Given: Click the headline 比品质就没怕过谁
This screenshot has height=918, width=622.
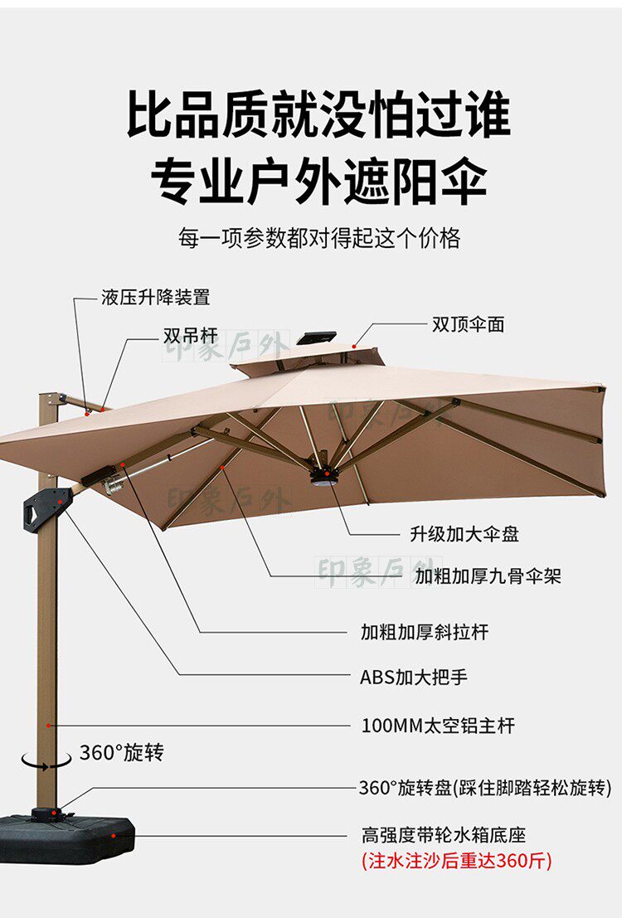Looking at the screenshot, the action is pyautogui.click(x=318, y=114).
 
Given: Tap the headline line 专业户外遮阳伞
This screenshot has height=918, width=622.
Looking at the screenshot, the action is pyautogui.click(x=318, y=179).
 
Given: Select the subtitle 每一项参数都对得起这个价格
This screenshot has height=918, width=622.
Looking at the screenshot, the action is pyautogui.click(x=318, y=239).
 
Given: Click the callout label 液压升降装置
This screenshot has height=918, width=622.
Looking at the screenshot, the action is pyautogui.click(x=155, y=297).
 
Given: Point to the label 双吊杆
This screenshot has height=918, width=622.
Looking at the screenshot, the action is pyautogui.click(x=190, y=336).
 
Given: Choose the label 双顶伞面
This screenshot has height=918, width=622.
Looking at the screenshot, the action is pyautogui.click(x=468, y=324).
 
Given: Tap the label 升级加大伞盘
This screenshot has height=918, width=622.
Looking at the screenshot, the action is pyautogui.click(x=464, y=534).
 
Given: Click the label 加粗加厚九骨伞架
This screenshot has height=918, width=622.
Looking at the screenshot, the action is pyautogui.click(x=488, y=576).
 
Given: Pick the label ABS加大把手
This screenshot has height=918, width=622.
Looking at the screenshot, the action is pyautogui.click(x=413, y=678).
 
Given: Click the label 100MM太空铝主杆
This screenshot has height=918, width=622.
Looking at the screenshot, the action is pyautogui.click(x=438, y=726).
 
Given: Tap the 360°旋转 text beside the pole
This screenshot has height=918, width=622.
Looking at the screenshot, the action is pyautogui.click(x=121, y=753).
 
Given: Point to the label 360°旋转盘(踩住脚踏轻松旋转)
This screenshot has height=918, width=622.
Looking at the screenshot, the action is pyautogui.click(x=484, y=788).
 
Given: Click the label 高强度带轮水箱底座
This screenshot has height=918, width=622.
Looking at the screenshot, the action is pyautogui.click(x=443, y=835).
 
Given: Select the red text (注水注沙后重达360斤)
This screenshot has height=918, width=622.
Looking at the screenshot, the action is pyautogui.click(x=456, y=860).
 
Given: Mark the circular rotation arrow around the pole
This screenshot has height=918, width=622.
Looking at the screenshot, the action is pyautogui.click(x=46, y=759).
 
